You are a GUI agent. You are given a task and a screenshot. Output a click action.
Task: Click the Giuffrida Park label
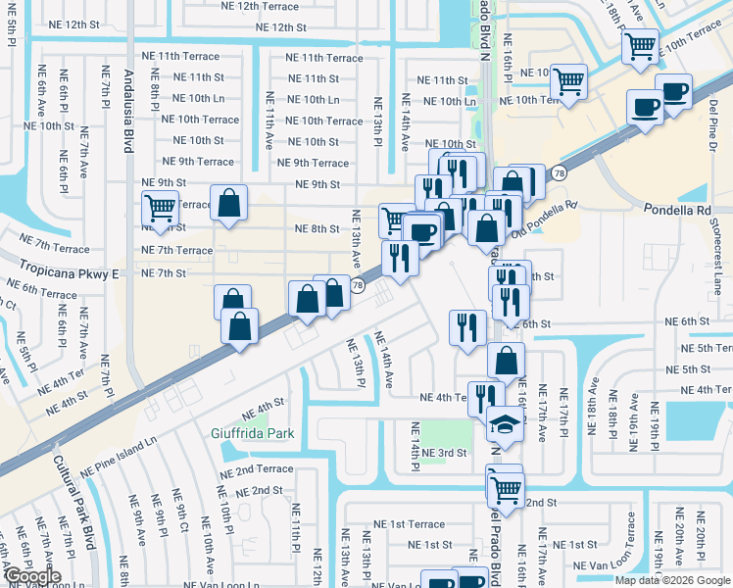(252, 432)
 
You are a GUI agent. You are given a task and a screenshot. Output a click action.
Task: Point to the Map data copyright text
(671, 580)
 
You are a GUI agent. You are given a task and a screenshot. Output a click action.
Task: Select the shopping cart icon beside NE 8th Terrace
(160, 207)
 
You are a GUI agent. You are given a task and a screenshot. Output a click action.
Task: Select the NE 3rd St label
(446, 453)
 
